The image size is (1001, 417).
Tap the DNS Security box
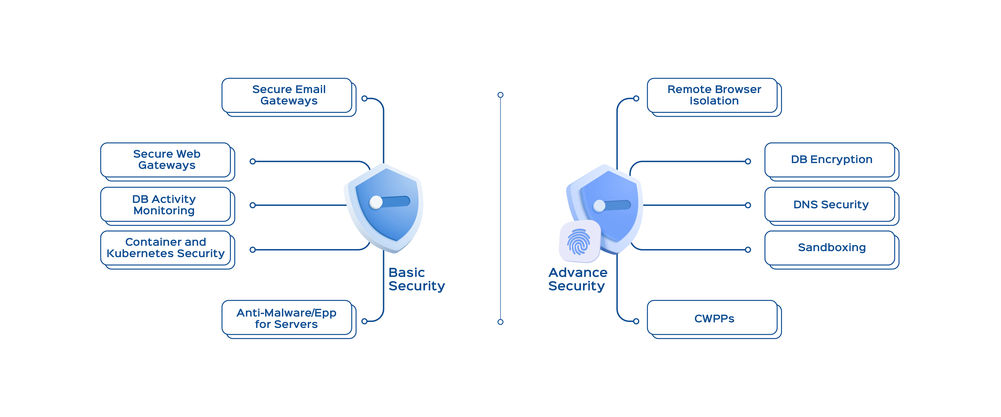[831, 205]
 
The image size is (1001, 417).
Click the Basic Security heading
[416, 279]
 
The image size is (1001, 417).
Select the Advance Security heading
[577, 279]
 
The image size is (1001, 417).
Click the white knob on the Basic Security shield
[376, 202]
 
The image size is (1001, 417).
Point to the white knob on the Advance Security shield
[599, 206]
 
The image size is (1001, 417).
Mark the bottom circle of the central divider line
[500, 322]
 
